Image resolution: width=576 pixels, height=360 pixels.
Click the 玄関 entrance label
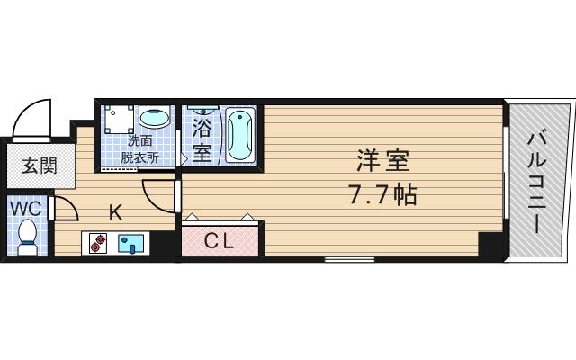[39, 166]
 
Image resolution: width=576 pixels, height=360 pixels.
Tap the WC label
[25, 209]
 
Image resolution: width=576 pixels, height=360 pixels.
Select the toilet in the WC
[27, 236]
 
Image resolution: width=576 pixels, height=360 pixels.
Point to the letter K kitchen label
[115, 213]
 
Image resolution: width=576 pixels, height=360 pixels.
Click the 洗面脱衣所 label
[139, 148]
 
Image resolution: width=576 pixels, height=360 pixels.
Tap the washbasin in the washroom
[155, 118]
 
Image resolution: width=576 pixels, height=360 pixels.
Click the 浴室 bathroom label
[201, 139]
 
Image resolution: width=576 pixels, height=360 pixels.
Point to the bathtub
[240, 134]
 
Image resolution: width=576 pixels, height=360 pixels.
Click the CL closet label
[220, 240]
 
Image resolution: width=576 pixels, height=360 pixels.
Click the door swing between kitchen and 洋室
[157, 193]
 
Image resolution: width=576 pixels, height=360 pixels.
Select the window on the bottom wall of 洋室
[349, 259]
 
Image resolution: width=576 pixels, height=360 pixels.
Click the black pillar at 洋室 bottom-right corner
[490, 245]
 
